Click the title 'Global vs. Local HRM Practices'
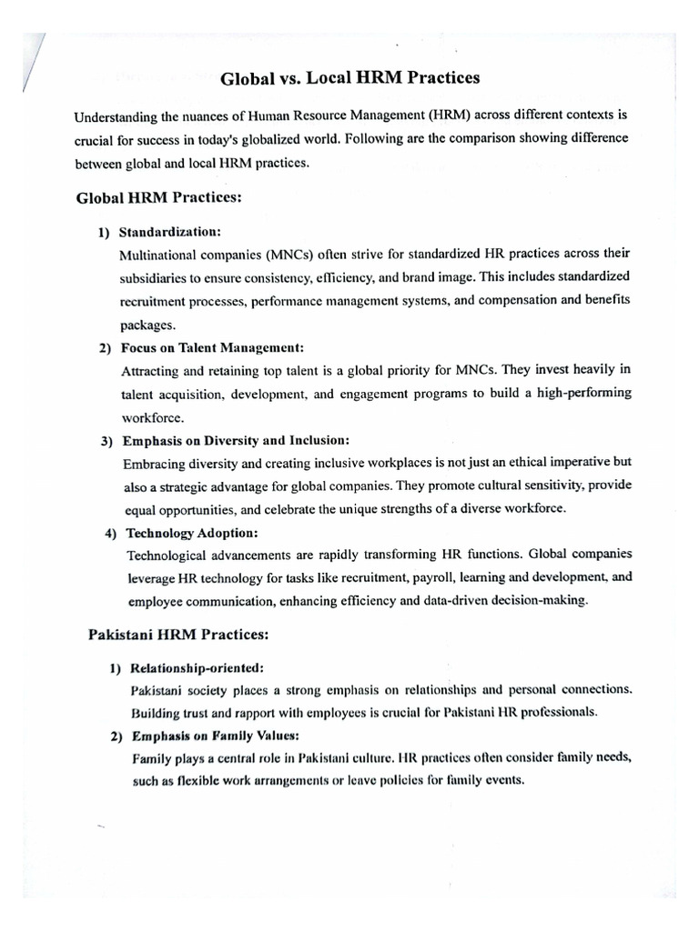(x=349, y=78)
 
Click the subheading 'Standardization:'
(x=169, y=232)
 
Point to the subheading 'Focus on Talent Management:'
(x=211, y=348)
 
